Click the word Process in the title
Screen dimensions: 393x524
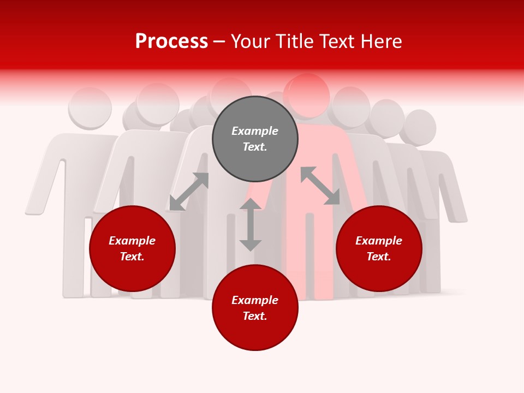[x=171, y=41]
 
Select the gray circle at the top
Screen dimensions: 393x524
[x=255, y=139]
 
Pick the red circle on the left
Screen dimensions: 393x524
[x=132, y=249]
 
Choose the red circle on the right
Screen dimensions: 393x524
[x=379, y=249]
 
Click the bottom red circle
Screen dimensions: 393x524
[x=255, y=308]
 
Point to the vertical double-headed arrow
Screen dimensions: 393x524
[x=251, y=224]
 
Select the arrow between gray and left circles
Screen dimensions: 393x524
[x=189, y=192]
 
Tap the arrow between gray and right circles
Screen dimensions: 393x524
[x=320, y=186]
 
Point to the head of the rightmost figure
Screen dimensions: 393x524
[x=419, y=127]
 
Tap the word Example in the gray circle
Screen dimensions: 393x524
[x=255, y=131]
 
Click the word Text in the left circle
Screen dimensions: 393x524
[x=132, y=257]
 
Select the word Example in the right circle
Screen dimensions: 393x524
[x=379, y=241]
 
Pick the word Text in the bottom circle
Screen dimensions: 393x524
[x=255, y=316]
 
